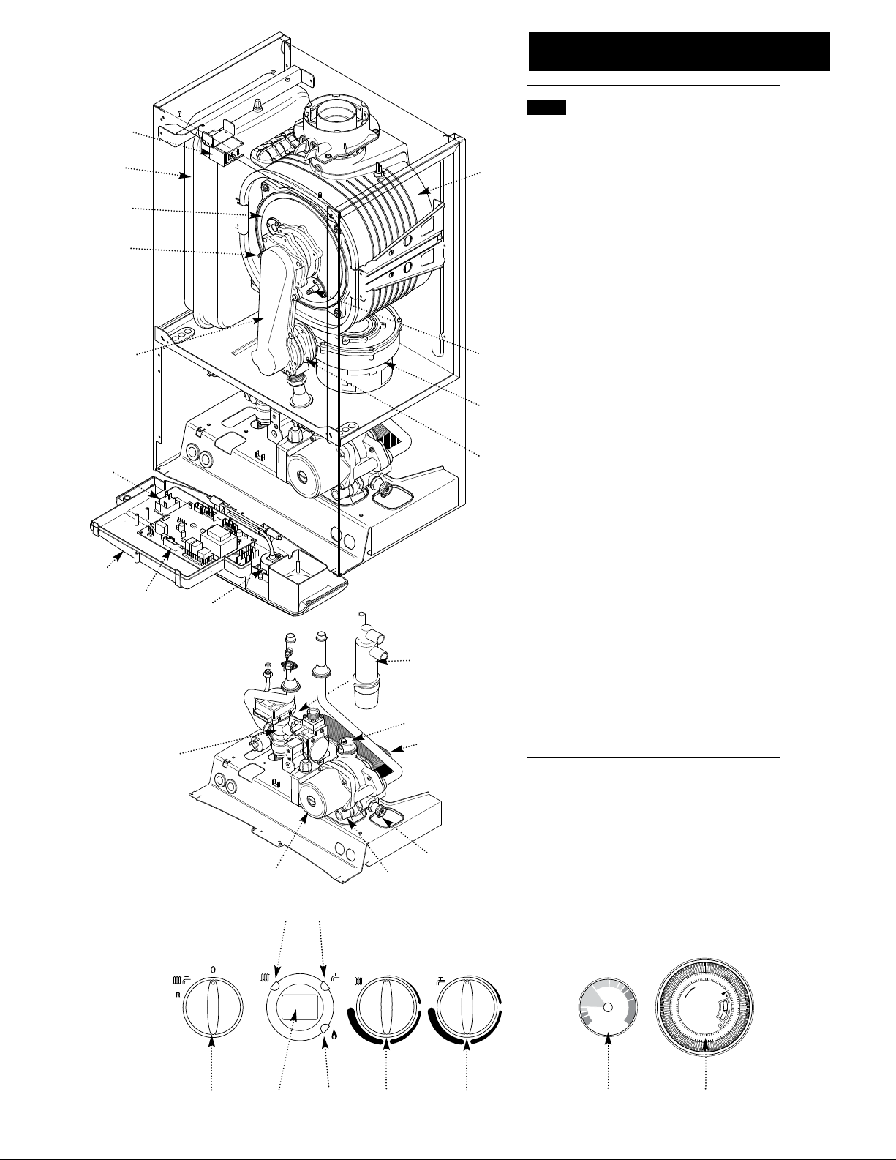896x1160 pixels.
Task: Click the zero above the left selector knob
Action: pyautogui.click(x=213, y=969)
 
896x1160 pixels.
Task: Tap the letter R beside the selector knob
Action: pyautogui.click(x=178, y=995)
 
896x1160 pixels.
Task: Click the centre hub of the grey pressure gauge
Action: pyautogui.click(x=607, y=1007)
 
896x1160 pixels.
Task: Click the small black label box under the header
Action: pyautogui.click(x=546, y=108)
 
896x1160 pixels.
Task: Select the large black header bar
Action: pyautogui.click(x=679, y=51)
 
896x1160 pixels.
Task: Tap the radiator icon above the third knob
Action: pyautogui.click(x=359, y=981)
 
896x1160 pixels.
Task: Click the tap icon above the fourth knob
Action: pyautogui.click(x=441, y=980)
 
